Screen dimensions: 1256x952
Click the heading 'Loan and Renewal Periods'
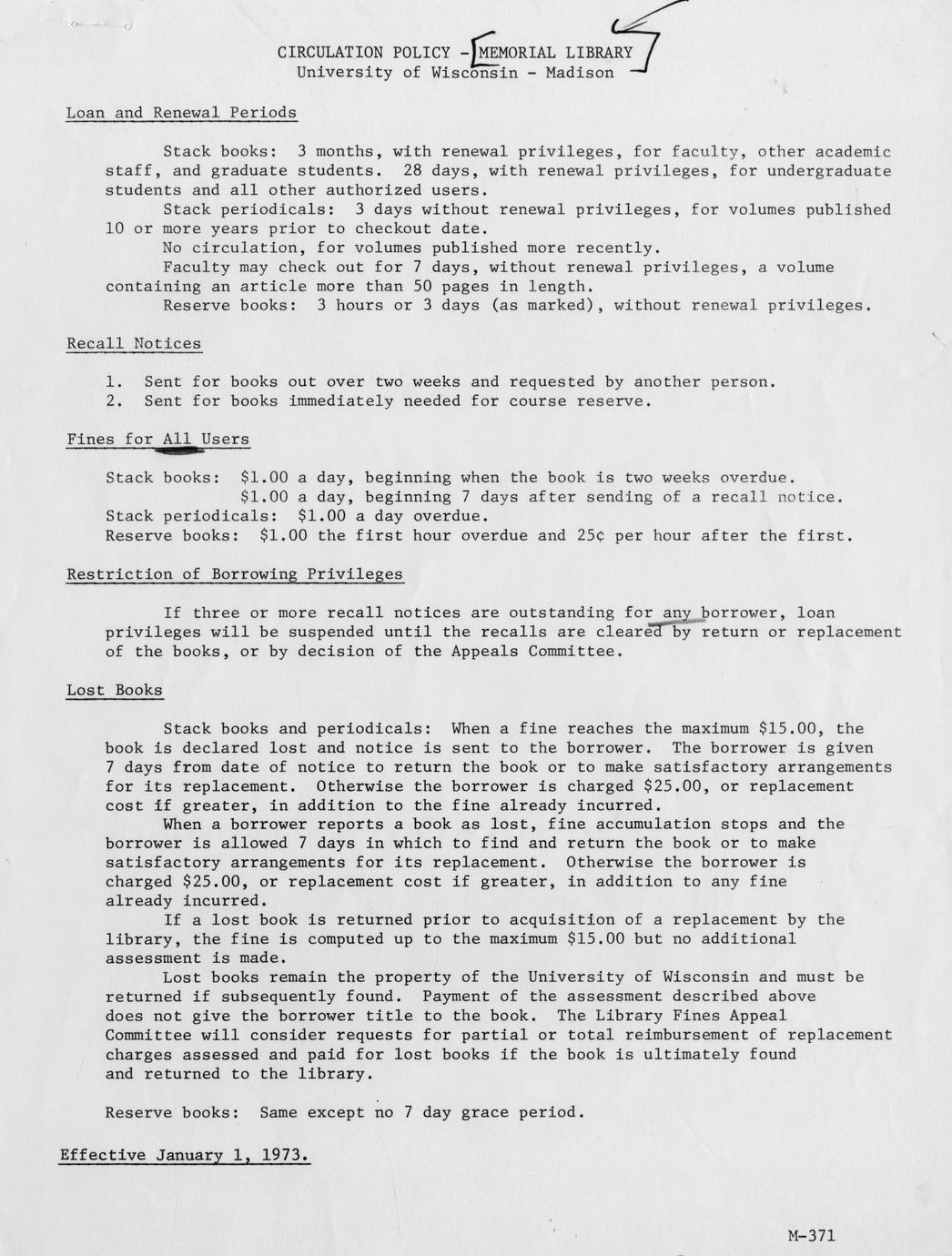click(181, 113)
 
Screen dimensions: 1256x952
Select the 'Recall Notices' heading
click(134, 343)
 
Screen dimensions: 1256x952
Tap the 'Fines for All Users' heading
click(157, 439)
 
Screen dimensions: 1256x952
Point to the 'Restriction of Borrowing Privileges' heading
click(234, 573)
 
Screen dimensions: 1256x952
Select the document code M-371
click(812, 1235)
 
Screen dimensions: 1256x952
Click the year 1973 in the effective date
click(283, 1155)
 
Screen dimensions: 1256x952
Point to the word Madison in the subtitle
click(580, 73)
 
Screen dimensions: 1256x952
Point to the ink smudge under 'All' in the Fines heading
click(180, 450)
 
